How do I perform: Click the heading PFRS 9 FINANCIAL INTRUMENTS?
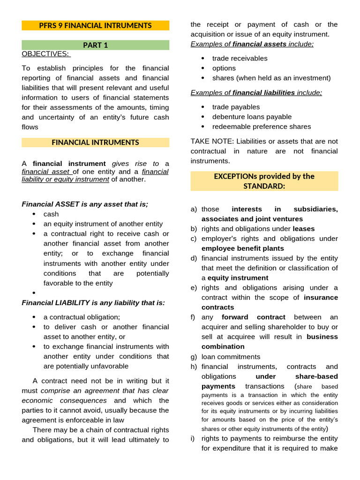click(95, 25)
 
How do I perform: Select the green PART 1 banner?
click(95, 45)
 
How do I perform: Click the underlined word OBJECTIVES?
click(45, 54)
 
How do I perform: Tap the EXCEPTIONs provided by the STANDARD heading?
click(264, 181)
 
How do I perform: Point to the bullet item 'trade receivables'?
click(240, 58)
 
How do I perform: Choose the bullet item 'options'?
click(224, 68)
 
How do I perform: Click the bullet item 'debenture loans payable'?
click(252, 117)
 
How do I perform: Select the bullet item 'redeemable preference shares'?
click(261, 127)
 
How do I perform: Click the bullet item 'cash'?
click(51, 214)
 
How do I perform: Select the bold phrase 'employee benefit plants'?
click(242, 248)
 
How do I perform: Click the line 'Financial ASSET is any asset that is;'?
click(85, 204)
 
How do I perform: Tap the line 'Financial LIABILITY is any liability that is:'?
click(93, 302)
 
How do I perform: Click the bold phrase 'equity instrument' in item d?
click(238, 277)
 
